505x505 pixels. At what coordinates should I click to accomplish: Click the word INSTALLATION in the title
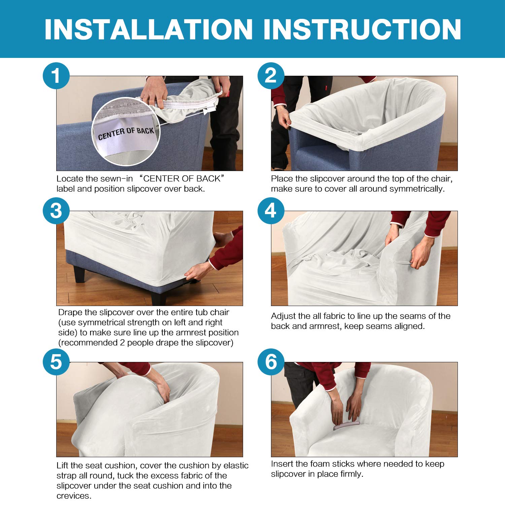click(148, 29)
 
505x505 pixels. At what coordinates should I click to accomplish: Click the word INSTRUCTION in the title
click(362, 29)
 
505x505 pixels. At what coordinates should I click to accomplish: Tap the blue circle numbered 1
click(56, 76)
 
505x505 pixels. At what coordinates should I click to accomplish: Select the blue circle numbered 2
click(271, 76)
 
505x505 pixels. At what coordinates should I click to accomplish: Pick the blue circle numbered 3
click(56, 211)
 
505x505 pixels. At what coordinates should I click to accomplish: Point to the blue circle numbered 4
click(271, 211)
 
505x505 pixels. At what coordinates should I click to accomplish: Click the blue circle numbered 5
click(56, 362)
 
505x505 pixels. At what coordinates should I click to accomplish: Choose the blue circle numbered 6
click(271, 362)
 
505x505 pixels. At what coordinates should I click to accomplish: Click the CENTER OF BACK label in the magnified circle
click(126, 133)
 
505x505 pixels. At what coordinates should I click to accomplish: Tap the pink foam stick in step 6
click(346, 425)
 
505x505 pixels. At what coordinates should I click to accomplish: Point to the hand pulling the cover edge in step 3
click(199, 271)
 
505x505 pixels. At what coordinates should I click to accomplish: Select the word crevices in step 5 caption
click(74, 496)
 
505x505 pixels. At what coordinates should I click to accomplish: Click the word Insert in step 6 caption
click(282, 464)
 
